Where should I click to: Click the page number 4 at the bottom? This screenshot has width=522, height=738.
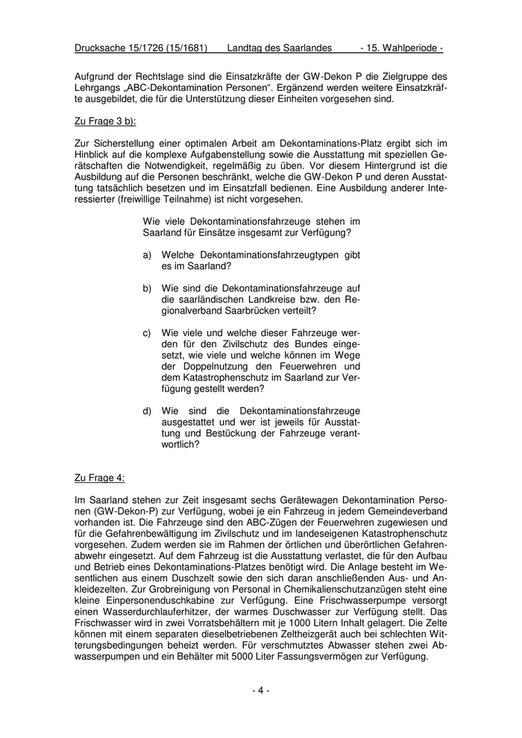pos(260,690)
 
